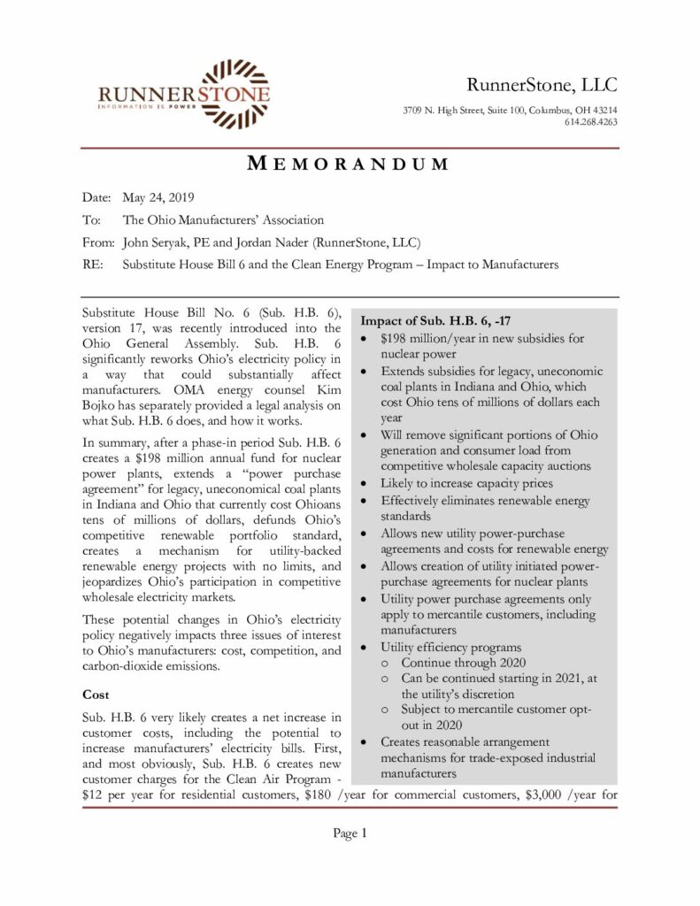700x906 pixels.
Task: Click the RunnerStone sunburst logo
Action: pyautogui.click(x=235, y=93)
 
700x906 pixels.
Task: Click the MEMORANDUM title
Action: pyautogui.click(x=348, y=164)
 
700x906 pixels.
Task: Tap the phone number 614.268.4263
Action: pyautogui.click(x=590, y=122)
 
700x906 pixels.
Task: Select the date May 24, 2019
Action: pyautogui.click(x=158, y=197)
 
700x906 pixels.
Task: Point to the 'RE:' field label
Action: pyautogui.click(x=91, y=264)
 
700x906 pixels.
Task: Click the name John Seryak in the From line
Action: pyautogui.click(x=157, y=242)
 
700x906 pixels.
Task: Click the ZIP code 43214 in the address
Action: pyautogui.click(x=602, y=110)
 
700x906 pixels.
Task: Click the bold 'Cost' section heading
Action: pyautogui.click(x=96, y=695)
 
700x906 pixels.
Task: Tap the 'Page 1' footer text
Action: pyautogui.click(x=350, y=833)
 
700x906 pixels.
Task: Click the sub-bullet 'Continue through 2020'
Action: pyautogui.click(x=463, y=662)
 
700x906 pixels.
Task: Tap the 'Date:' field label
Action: pyautogui.click(x=96, y=197)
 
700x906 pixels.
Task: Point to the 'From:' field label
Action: pyautogui.click(x=97, y=242)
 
